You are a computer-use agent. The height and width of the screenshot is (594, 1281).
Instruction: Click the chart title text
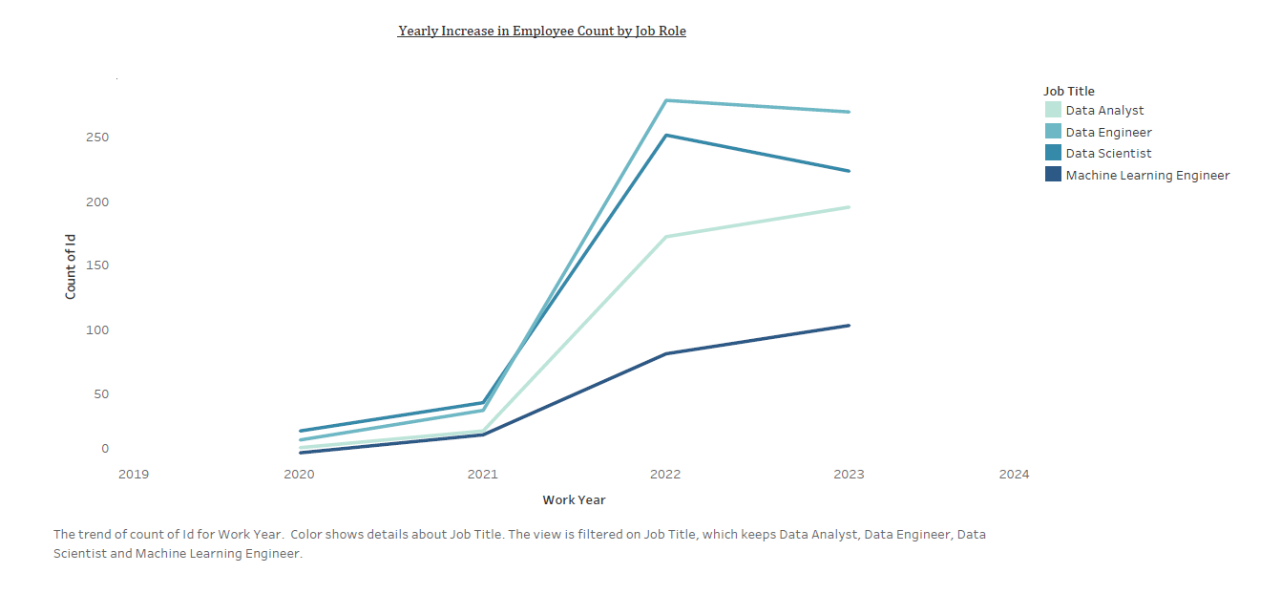tap(541, 31)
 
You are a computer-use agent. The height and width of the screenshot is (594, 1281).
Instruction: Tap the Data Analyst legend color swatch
tap(1053, 110)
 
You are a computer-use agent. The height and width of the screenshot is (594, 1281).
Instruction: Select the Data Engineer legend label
tap(1108, 132)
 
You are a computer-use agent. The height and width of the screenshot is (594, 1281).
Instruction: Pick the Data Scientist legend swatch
tap(1053, 153)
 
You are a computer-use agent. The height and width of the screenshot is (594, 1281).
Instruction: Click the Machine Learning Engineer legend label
tap(1147, 175)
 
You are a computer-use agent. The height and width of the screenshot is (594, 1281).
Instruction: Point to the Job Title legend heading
tap(1068, 91)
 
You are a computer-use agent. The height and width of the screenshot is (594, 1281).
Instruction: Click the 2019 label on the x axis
tap(133, 474)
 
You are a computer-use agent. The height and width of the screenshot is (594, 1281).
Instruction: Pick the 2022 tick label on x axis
tap(665, 474)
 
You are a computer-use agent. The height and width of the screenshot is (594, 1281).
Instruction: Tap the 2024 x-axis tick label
tap(1014, 474)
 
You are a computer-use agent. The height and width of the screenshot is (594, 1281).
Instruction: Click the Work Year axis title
tap(574, 499)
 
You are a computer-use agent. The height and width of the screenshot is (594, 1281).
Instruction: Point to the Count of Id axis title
tap(71, 265)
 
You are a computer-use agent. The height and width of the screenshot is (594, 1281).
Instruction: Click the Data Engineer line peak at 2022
tap(666, 100)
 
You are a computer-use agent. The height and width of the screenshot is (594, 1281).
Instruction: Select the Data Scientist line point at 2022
tap(666, 135)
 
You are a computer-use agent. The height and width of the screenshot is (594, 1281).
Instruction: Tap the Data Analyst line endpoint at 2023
tap(849, 207)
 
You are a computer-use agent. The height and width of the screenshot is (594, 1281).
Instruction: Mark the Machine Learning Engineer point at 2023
tap(849, 326)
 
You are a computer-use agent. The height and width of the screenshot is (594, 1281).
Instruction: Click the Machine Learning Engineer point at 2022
tap(666, 353)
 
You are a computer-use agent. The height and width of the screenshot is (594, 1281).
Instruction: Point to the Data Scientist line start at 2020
tap(301, 431)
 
